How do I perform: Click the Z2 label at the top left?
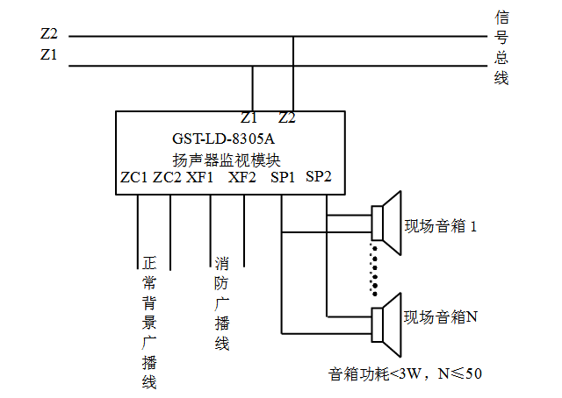(49, 34)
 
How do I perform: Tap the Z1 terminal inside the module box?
(249, 117)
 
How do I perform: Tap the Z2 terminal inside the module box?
(286, 117)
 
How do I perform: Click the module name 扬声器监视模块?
(227, 159)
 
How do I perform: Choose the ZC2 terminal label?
(167, 178)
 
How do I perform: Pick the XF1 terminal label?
(200, 178)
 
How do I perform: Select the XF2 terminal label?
(242, 178)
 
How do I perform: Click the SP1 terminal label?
(283, 178)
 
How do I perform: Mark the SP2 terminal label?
(319, 178)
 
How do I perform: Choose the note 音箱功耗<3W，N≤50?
(405, 373)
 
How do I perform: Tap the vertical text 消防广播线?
(222, 302)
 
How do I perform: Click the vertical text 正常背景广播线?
(148, 322)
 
